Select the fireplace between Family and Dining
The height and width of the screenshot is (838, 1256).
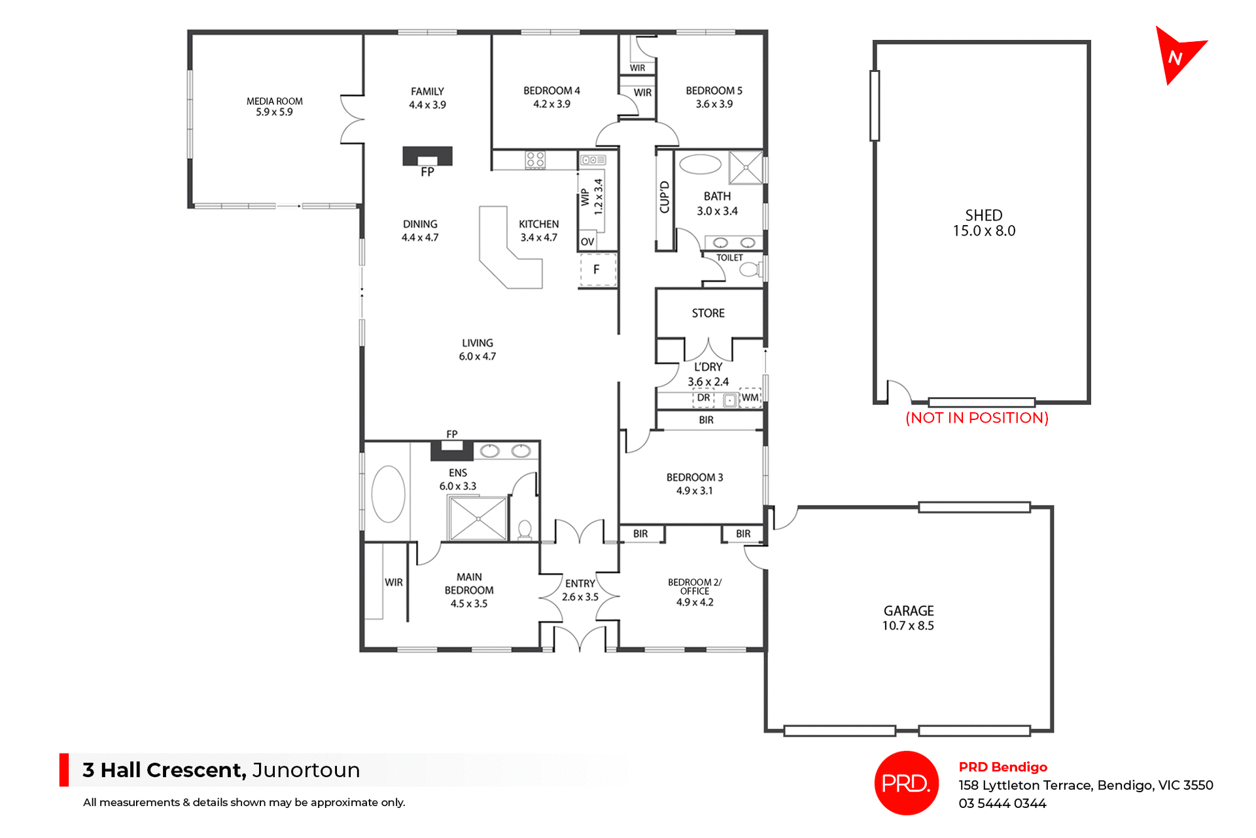tap(427, 156)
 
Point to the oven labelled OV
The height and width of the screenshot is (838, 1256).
tap(587, 241)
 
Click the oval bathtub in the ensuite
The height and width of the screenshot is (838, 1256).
tap(388, 494)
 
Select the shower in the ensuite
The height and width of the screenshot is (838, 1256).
tap(478, 519)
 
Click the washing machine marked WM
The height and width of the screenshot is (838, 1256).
tap(750, 398)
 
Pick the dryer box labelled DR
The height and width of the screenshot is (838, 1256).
tap(703, 398)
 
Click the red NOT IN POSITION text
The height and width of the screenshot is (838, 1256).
tap(977, 418)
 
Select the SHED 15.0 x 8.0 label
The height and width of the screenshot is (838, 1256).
tap(983, 223)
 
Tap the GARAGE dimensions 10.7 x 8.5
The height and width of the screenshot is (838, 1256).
tap(907, 626)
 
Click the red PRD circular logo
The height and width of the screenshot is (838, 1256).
tap(906, 783)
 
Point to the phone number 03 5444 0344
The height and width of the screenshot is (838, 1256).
tap(1002, 803)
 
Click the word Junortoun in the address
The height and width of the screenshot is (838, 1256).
tap(305, 770)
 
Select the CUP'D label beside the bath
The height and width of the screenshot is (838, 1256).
tap(665, 198)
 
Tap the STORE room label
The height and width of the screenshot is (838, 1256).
tap(708, 313)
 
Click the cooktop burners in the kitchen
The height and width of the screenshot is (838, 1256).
tap(535, 160)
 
